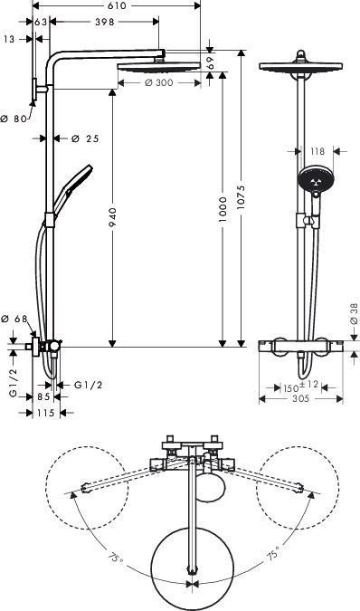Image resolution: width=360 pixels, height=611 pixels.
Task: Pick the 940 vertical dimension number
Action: click(111, 214)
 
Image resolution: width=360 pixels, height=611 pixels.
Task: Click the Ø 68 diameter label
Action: click(14, 319)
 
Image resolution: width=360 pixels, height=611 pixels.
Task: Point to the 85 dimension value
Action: click(43, 396)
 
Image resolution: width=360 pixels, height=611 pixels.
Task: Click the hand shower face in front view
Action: click(314, 181)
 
